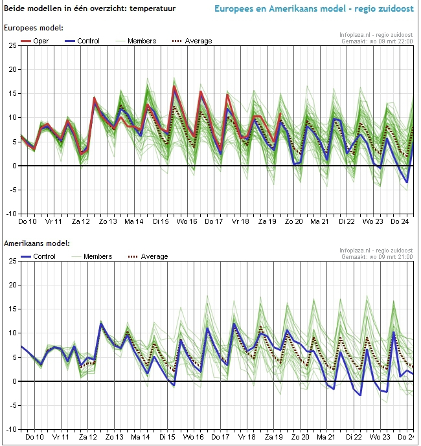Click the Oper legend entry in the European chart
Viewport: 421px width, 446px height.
click(35, 41)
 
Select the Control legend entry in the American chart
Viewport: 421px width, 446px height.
click(38, 256)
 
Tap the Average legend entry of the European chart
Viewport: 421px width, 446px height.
click(192, 41)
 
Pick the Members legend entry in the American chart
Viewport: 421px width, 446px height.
click(92, 256)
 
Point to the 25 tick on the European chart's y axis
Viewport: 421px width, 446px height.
click(12, 45)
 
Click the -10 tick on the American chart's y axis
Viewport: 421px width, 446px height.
click(11, 429)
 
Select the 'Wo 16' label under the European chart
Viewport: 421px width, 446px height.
click(187, 221)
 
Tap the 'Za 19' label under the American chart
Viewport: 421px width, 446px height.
click(273, 437)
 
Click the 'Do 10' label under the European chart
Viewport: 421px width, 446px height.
click(27, 221)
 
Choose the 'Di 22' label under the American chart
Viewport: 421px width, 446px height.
click(354, 437)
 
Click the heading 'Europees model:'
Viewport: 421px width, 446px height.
click(34, 28)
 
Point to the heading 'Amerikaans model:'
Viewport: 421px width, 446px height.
click(37, 243)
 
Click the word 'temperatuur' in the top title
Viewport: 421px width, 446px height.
click(153, 8)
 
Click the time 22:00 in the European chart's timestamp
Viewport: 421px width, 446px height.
click(404, 41)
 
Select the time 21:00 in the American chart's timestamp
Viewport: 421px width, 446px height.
click(404, 257)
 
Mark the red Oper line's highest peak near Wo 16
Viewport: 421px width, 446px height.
click(174, 86)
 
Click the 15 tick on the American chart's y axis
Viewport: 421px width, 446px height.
click(12, 309)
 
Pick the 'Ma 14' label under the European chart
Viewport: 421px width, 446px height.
click(134, 221)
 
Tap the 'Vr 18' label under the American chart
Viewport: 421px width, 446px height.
click(247, 437)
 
